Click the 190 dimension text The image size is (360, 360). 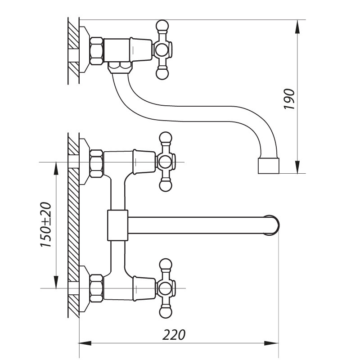point(289,99)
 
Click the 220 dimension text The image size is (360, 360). point(174,335)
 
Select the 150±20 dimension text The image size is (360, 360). point(46,225)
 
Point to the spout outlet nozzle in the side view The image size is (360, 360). point(269,166)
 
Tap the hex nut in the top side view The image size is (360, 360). point(96,49)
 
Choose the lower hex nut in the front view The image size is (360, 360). point(96,288)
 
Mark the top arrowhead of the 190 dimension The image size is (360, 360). point(297,26)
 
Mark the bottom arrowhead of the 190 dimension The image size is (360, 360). point(297,167)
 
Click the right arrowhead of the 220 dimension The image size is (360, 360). point(273,344)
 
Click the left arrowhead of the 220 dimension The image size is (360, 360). point(85,344)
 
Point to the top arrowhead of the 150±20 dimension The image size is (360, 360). point(55,167)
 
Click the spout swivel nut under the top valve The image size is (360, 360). point(121,67)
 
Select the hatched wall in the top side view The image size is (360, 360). point(73,49)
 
